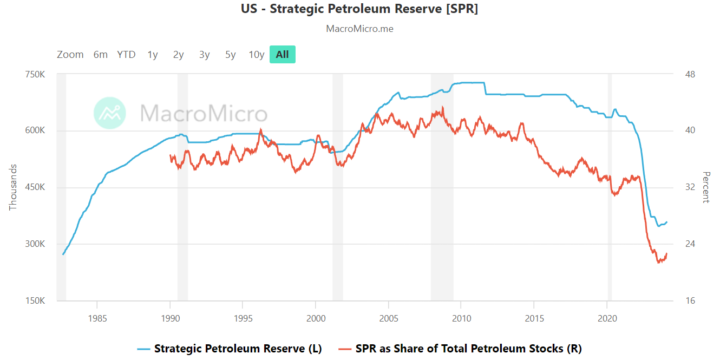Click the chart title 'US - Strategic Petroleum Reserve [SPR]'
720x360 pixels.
tap(359, 9)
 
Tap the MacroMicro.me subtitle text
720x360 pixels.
tap(359, 29)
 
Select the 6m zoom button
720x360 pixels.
tap(101, 54)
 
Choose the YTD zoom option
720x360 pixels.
tap(126, 54)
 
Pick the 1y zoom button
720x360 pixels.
tap(153, 54)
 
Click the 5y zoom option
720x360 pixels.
tap(231, 54)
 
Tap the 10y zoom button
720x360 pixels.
tap(257, 54)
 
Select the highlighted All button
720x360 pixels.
tap(282, 54)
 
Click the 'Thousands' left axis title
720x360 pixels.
tap(13, 187)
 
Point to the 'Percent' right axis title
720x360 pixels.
tap(706, 187)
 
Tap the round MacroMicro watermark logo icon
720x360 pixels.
tap(110, 113)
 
